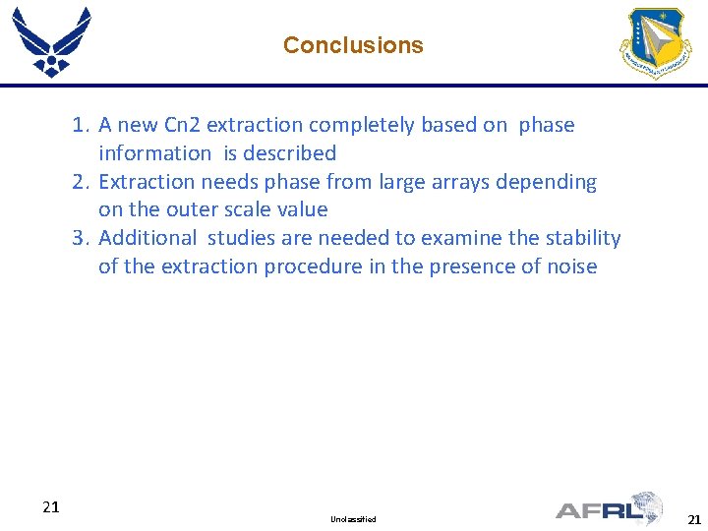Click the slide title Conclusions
point(353,45)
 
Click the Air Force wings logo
point(51,41)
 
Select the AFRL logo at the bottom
point(610,508)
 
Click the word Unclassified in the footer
point(353,518)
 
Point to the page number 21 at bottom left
point(51,507)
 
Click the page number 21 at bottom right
point(694,519)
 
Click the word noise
point(569,266)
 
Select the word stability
point(581,238)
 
